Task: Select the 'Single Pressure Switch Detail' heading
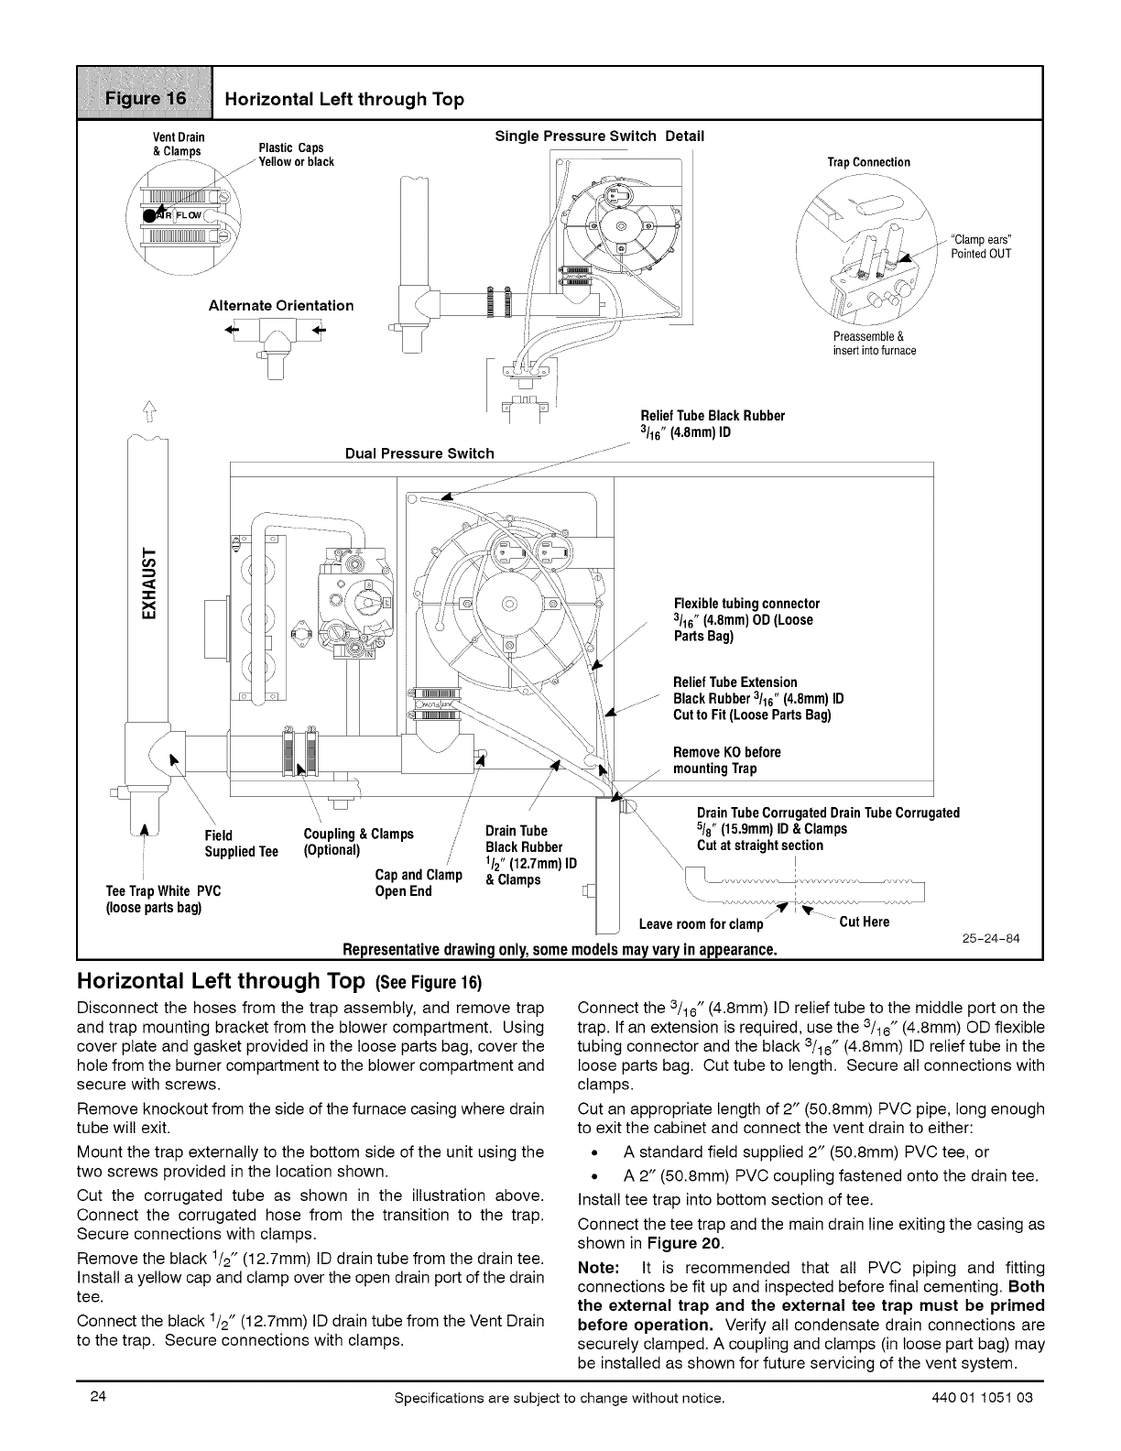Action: (x=599, y=136)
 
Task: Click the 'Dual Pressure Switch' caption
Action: (x=419, y=453)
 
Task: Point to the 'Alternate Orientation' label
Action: (x=281, y=305)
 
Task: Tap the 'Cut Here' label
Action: (x=864, y=922)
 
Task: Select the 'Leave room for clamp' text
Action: (x=701, y=923)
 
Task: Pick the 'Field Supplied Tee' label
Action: (x=241, y=843)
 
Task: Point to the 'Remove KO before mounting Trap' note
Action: (x=727, y=760)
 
